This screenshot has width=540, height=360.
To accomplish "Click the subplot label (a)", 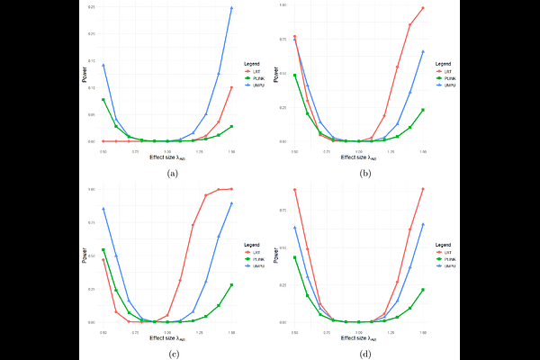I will click(x=172, y=172).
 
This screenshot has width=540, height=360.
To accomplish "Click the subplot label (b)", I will click(x=364, y=172).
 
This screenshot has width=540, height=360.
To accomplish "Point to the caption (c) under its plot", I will click(x=172, y=352).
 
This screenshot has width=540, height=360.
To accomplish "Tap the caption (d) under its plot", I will click(x=364, y=352).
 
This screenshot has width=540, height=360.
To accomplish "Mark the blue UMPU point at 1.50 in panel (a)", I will click(x=232, y=8).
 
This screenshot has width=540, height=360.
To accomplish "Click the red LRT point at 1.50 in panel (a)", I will click(x=232, y=87).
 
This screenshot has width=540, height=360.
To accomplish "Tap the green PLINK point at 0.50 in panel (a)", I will click(x=103, y=100).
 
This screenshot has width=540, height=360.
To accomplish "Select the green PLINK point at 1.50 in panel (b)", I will click(x=423, y=110).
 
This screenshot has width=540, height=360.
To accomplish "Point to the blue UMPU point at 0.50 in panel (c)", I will click(x=103, y=209).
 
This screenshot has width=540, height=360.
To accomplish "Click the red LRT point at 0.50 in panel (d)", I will click(x=294, y=189).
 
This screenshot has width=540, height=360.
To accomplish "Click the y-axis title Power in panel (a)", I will click(x=85, y=76).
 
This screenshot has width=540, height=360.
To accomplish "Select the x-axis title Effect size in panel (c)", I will click(x=167, y=337).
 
